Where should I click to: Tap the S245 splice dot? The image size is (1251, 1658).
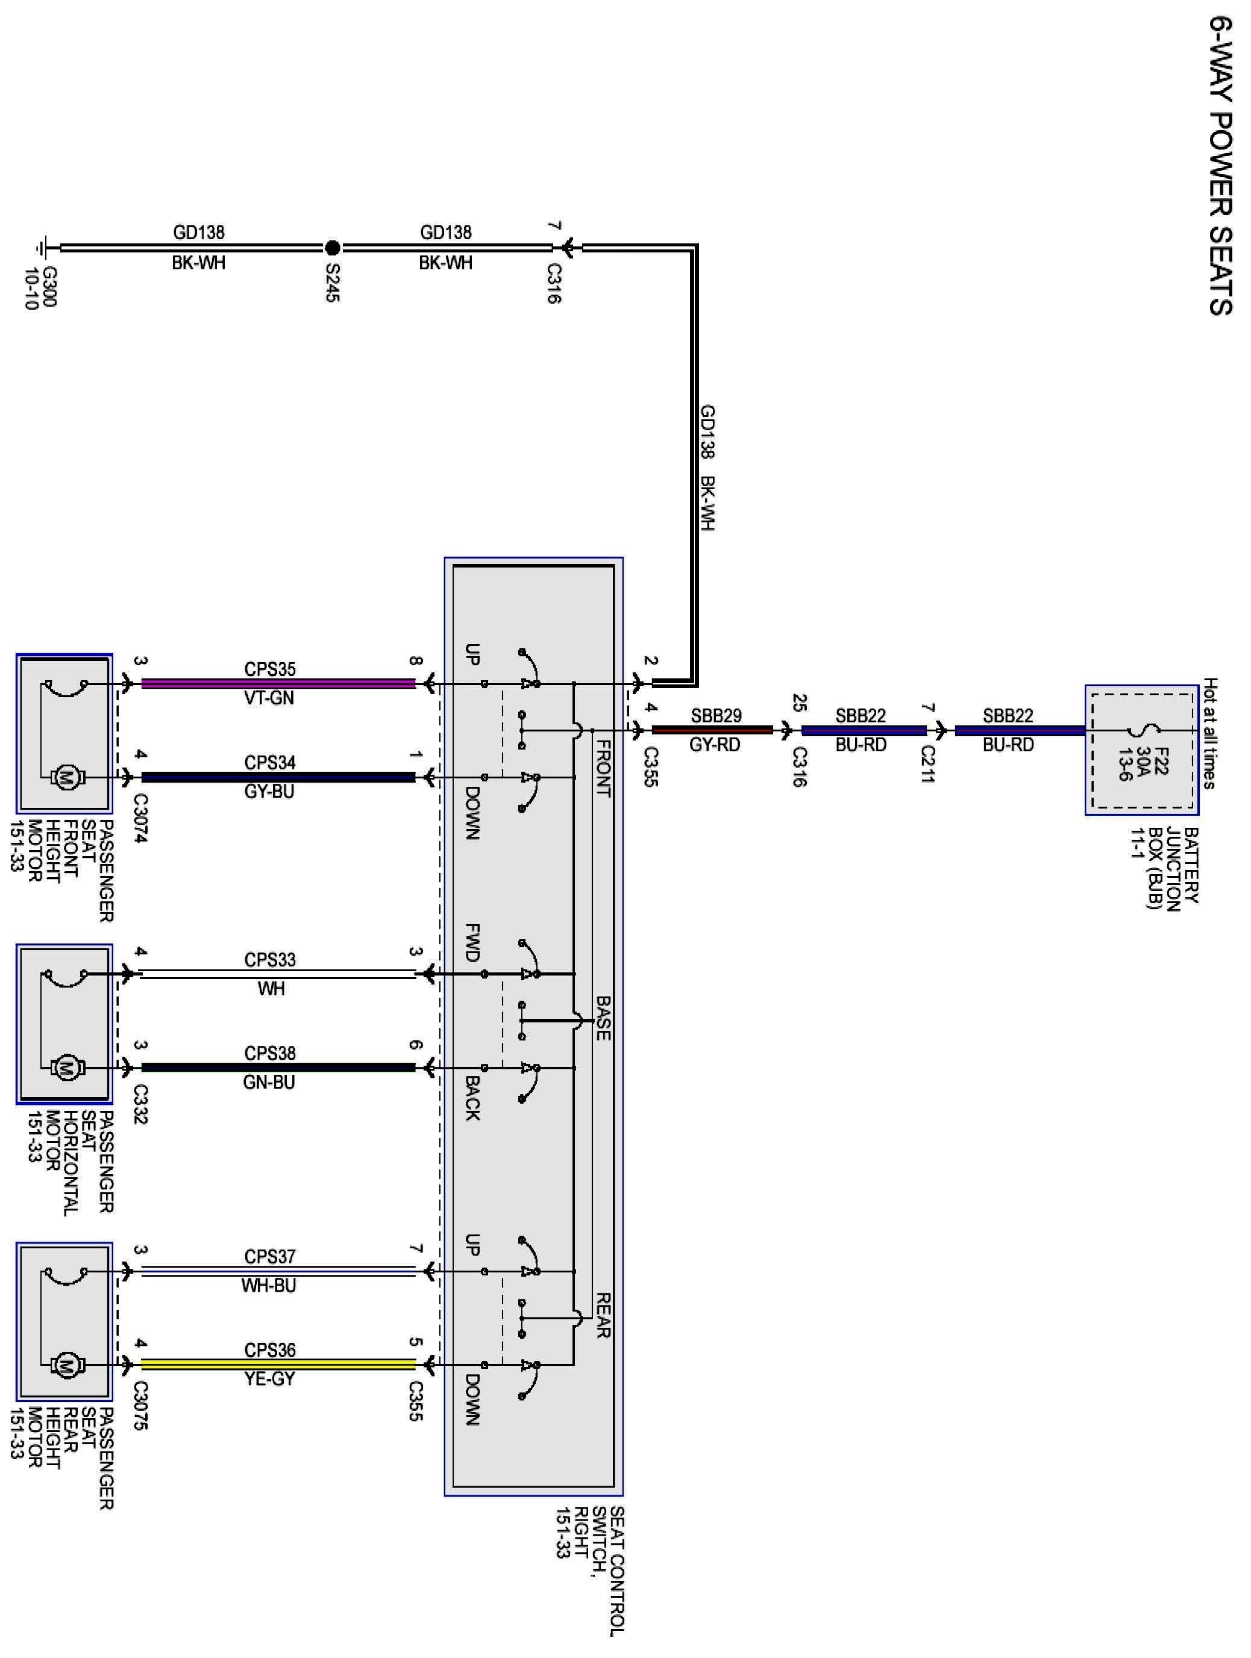333,248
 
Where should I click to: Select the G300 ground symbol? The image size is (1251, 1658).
43,248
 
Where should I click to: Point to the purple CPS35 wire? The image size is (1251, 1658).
277,684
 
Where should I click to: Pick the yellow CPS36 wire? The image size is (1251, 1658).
277,1364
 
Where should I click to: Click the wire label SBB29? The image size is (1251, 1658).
716,716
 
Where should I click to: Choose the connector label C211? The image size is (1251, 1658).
928,764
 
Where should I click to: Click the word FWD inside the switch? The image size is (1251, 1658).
472,943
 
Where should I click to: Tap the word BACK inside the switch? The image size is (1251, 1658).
472,1099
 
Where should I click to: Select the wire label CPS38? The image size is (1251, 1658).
270,1053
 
